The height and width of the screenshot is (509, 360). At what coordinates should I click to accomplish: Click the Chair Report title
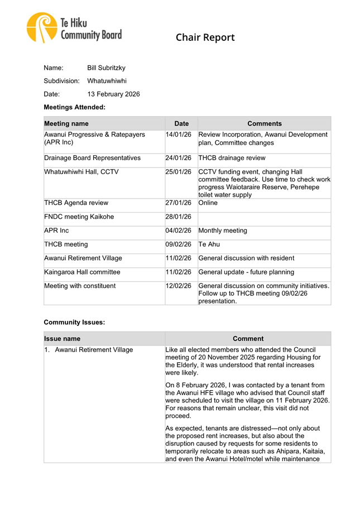pos(205,38)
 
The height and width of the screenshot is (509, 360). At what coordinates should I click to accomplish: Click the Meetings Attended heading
pos(74,107)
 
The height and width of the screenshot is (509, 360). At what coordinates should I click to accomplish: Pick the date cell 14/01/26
pos(179,135)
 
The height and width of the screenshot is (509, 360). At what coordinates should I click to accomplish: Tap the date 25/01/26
pos(179,172)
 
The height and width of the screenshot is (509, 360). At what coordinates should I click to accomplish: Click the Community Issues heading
pos(74,322)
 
